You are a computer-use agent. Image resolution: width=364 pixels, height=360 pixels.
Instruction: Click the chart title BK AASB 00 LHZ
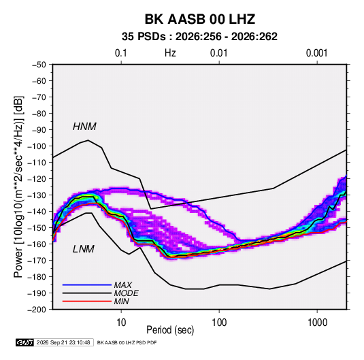click(200, 19)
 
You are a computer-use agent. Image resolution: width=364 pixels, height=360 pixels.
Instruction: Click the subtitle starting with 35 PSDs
click(199, 37)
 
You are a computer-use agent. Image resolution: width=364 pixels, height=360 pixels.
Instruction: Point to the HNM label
click(84, 127)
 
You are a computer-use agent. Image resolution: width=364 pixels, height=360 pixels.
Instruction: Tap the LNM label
click(84, 249)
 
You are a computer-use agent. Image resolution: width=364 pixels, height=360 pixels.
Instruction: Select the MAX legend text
click(123, 285)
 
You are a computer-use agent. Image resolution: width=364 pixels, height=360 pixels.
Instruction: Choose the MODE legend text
click(127, 293)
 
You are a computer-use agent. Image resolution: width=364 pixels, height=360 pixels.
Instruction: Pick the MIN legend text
click(121, 301)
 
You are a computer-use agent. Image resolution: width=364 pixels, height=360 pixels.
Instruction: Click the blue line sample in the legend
click(87, 285)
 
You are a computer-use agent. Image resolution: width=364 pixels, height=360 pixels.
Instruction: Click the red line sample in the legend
click(87, 301)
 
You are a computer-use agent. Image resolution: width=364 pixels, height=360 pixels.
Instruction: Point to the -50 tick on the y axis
click(39, 65)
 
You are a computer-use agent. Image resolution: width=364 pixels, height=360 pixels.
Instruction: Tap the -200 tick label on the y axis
click(37, 310)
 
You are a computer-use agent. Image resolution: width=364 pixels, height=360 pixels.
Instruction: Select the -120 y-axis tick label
click(37, 179)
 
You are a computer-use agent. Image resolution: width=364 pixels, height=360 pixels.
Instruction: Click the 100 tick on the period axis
click(219, 323)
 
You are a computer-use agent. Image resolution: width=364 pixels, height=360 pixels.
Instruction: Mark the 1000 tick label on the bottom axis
click(317, 323)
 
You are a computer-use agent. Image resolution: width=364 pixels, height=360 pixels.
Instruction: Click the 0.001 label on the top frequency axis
click(316, 53)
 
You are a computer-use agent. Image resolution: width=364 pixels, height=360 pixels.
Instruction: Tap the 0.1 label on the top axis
click(121, 53)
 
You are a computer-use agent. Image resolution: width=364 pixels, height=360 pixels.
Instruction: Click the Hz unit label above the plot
click(170, 53)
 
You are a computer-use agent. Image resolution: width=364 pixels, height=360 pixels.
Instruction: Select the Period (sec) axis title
click(170, 330)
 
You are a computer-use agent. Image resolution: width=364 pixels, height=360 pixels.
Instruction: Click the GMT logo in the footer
click(24, 342)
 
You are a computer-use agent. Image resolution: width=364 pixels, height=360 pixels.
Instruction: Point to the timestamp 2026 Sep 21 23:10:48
click(63, 342)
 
